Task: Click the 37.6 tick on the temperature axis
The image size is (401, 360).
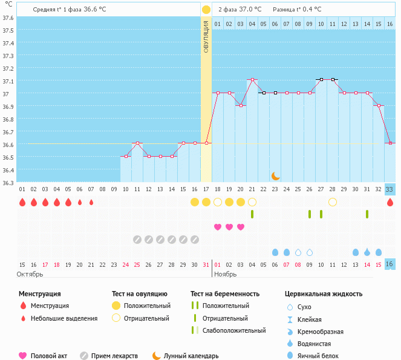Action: (x=8, y=18)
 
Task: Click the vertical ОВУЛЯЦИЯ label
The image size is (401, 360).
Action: (x=206, y=36)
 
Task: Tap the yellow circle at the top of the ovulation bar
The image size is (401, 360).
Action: (x=206, y=10)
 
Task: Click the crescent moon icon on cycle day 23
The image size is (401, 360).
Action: (x=276, y=175)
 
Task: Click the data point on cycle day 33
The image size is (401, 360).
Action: (x=390, y=143)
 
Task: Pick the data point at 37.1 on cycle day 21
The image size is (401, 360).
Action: (x=252, y=79)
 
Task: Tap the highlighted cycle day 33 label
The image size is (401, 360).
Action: (x=390, y=189)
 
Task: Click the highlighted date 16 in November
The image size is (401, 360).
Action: (x=390, y=264)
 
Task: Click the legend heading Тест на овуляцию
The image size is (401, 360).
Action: (x=141, y=294)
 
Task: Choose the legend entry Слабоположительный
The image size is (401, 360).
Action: (x=234, y=330)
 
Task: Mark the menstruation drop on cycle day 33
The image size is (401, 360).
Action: (x=390, y=202)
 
